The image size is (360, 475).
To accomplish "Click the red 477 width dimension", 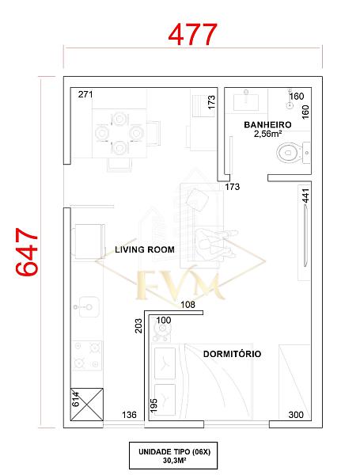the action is (x=192, y=35).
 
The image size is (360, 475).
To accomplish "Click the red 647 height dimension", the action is (x=27, y=252).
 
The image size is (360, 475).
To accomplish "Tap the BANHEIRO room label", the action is (x=267, y=124).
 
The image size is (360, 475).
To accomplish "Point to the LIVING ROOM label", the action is (x=145, y=249).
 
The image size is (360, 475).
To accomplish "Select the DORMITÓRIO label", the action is (x=232, y=354).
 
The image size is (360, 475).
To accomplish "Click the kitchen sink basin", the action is (x=87, y=307).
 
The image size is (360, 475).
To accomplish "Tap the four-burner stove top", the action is (x=86, y=355).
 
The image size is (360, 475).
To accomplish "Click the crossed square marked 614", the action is (x=86, y=405).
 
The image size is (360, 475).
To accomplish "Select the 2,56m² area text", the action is (x=268, y=134).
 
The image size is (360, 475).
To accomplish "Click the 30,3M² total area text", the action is (x=174, y=460).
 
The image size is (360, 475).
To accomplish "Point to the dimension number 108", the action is (x=188, y=305).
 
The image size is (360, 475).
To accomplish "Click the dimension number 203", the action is (x=138, y=325).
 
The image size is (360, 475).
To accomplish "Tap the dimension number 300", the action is (x=296, y=415).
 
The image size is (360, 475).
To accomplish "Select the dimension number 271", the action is (x=85, y=94).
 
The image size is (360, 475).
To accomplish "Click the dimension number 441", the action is (x=306, y=196).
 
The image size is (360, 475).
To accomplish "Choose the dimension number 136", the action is (x=129, y=415).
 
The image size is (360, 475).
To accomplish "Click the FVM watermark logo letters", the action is (x=180, y=284).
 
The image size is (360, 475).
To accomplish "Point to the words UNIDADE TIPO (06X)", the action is (x=174, y=452).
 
